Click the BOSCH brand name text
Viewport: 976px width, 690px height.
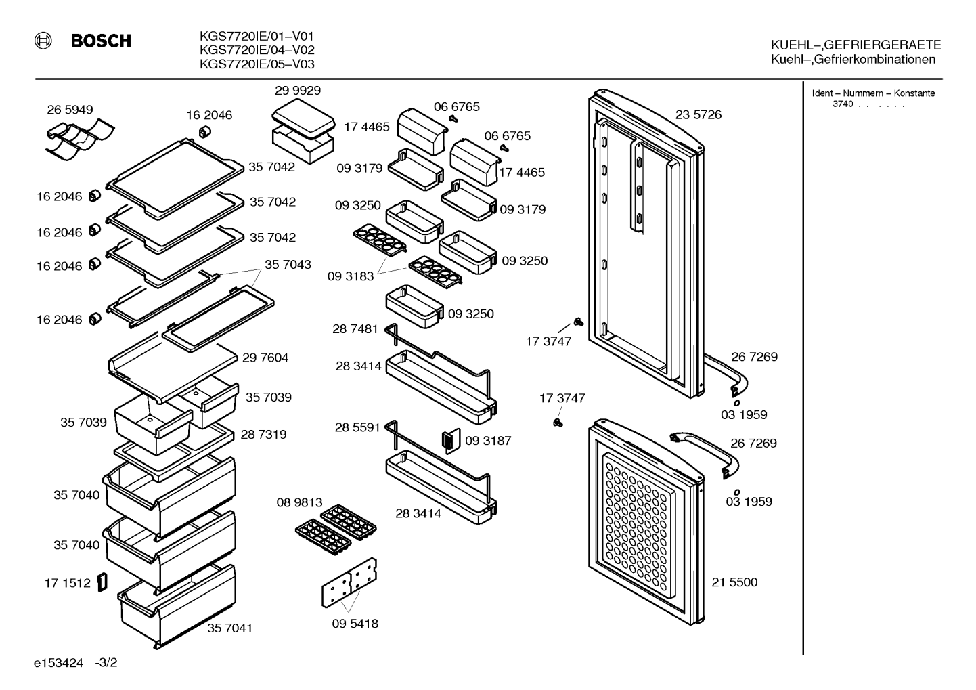pos(101,41)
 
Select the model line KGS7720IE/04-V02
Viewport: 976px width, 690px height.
pos(257,49)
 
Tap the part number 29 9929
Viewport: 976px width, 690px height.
pos(298,90)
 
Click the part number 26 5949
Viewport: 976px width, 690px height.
pos(70,110)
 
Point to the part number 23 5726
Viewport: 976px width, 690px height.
pos(698,114)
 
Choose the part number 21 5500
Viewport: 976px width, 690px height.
pos(734,582)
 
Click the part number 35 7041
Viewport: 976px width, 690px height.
pos(229,628)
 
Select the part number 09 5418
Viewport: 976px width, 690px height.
pos(355,624)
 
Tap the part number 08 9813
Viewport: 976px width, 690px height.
pos(299,502)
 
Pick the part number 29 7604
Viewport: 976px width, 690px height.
pos(265,358)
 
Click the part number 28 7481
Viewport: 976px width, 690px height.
pos(355,329)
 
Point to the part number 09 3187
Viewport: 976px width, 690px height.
pos(488,441)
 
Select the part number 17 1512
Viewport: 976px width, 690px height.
pos(68,583)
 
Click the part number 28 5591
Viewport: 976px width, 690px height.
pos(357,427)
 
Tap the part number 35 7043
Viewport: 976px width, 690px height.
pos(288,265)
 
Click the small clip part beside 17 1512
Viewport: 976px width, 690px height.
pos(102,582)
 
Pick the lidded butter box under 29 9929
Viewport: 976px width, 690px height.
pos(303,131)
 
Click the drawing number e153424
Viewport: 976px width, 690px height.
pos(58,663)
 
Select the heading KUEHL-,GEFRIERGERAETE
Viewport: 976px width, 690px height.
pos(856,45)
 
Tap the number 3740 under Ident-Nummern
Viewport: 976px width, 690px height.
pos(843,104)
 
